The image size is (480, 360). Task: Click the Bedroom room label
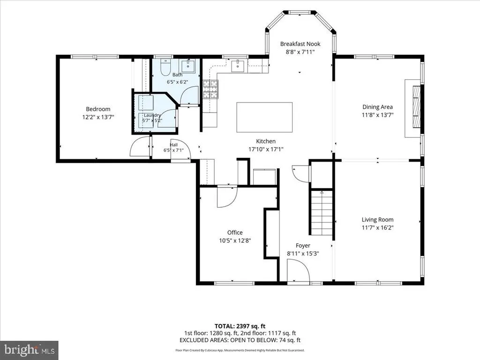[x=98, y=109]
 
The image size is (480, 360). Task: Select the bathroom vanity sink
[x=187, y=66]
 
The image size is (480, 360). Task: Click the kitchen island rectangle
[x=264, y=117]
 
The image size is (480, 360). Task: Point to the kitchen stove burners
[x=210, y=89]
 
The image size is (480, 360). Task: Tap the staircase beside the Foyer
[x=322, y=212]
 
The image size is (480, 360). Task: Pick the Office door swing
[x=227, y=196]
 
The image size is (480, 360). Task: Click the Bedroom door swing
[x=140, y=147]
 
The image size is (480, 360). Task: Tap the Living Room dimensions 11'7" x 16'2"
[x=377, y=227]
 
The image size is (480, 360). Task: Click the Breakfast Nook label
[x=300, y=44]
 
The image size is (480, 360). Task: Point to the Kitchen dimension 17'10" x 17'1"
[x=266, y=149]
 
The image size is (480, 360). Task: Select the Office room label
[x=235, y=232]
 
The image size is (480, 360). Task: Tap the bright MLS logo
[x=30, y=350]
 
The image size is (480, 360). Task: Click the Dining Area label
[x=377, y=107]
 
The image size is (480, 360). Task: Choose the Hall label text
[x=173, y=145]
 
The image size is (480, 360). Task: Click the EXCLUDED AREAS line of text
[x=240, y=340]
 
